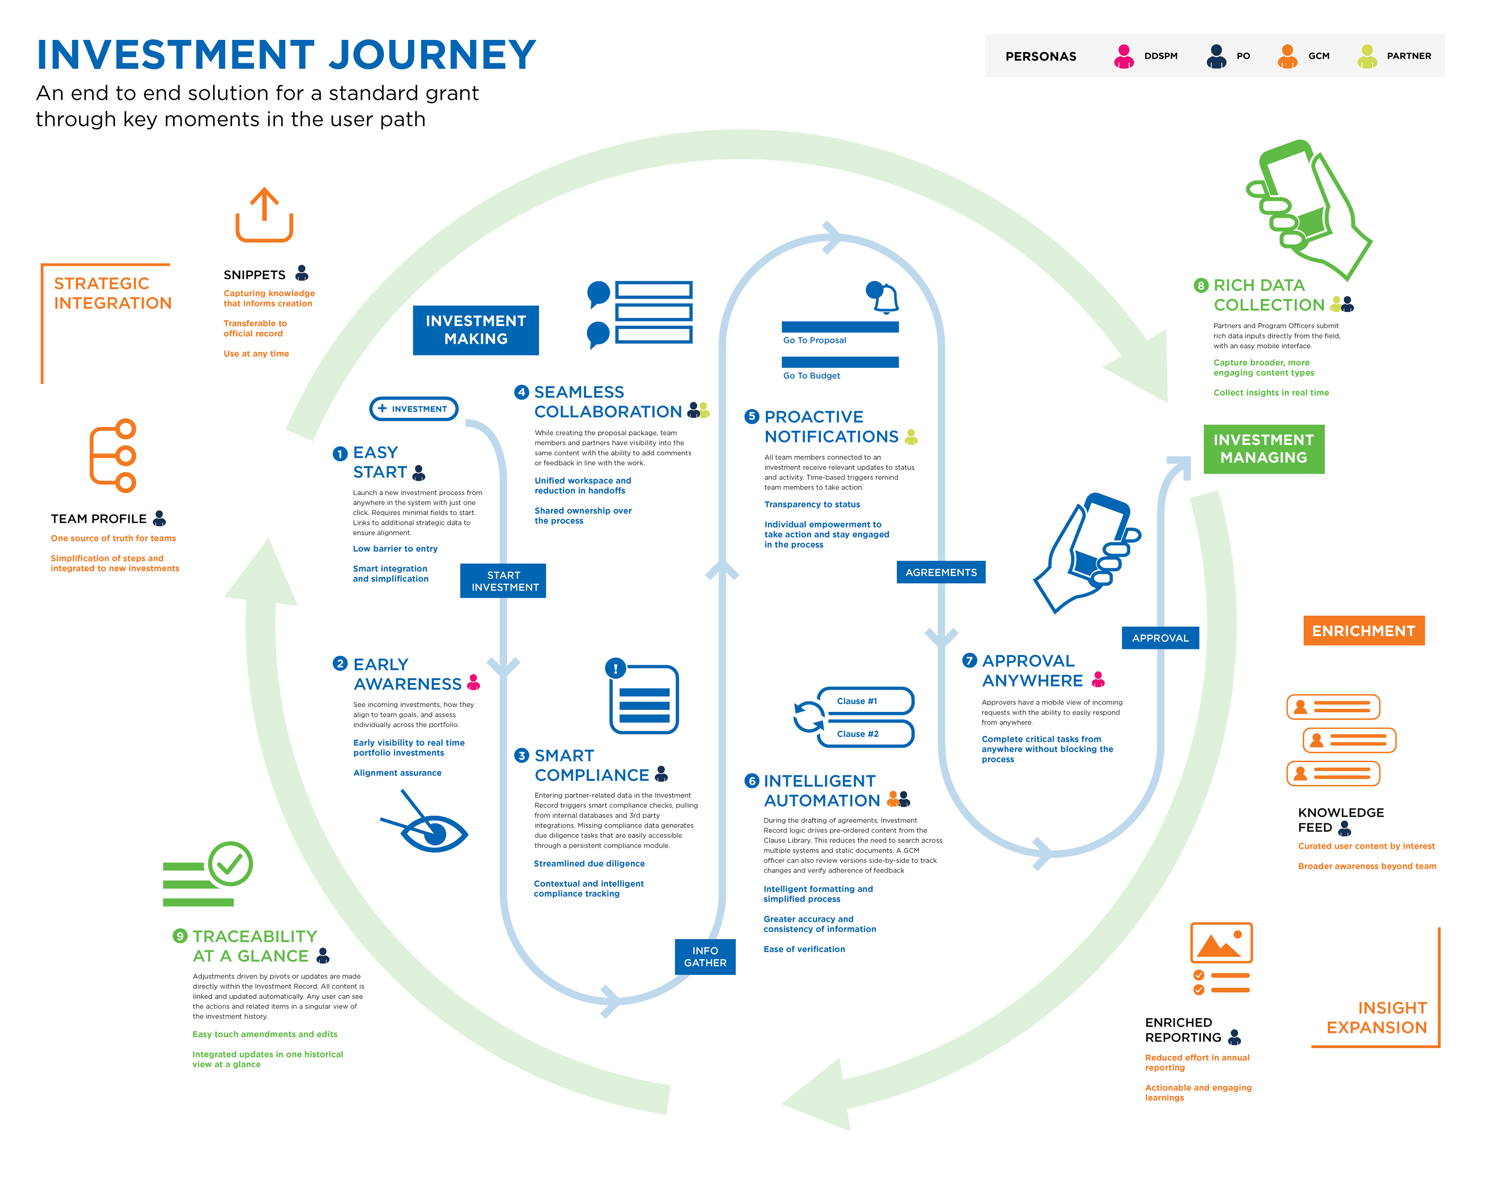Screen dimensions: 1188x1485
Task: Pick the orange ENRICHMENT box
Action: pyautogui.click(x=1363, y=631)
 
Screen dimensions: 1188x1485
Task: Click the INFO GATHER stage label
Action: pyautogui.click(x=705, y=957)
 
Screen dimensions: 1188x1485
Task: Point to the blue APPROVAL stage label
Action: pyautogui.click(x=1160, y=638)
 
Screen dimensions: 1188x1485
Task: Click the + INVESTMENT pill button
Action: pyautogui.click(x=413, y=408)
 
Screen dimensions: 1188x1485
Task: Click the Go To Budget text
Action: pyautogui.click(x=811, y=376)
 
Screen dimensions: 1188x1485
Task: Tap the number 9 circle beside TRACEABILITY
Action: pyautogui.click(x=180, y=936)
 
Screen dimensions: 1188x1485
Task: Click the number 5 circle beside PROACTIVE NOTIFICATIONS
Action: pyautogui.click(x=751, y=416)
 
